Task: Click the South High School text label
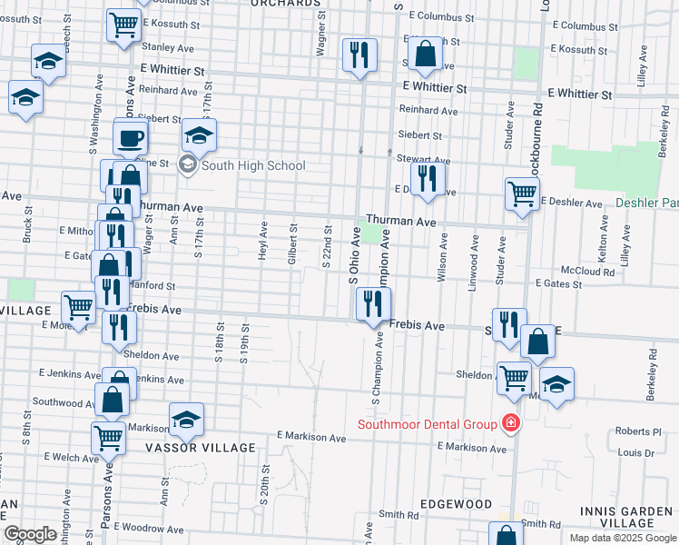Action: click(253, 165)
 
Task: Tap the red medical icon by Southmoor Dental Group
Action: click(511, 424)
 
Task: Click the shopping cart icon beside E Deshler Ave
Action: click(522, 193)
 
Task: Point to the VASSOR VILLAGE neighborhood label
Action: click(200, 449)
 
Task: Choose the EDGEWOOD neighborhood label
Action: click(456, 504)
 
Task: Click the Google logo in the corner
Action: click(30, 534)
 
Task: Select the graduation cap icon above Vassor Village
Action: click(186, 419)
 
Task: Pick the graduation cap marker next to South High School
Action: click(199, 135)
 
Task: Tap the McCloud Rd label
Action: click(588, 271)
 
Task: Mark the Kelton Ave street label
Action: click(604, 234)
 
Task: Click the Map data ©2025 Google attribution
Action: click(622, 538)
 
